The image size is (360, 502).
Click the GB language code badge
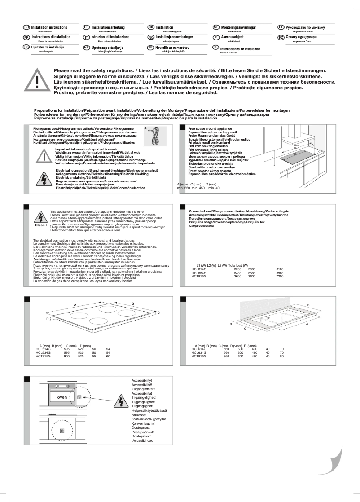26,27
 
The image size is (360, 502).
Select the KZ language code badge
281,37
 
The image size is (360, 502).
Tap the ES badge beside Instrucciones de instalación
215,48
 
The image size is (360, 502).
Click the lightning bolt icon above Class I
40,217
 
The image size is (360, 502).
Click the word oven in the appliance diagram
62,397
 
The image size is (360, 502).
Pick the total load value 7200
280,277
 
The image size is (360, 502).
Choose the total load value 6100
280,269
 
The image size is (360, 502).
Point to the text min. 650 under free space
184,188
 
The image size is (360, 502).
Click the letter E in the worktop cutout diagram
269,318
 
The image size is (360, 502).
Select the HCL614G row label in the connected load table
199,269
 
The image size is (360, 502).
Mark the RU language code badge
281,27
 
